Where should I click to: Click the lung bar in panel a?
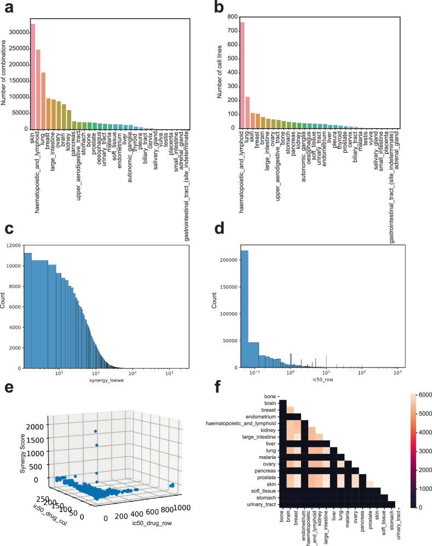click(43, 101)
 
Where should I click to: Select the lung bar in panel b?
click(247, 112)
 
